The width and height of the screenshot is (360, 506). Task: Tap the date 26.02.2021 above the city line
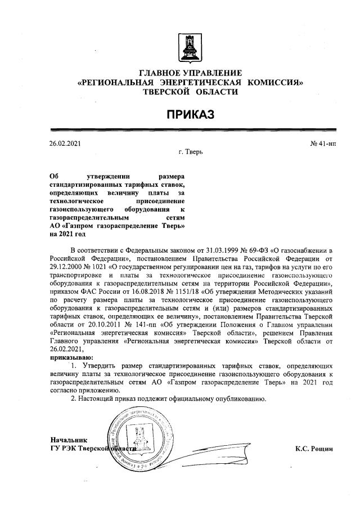[65, 144]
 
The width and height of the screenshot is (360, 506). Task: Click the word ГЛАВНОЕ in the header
[163, 74]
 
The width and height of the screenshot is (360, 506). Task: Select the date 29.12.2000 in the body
[66, 282]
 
